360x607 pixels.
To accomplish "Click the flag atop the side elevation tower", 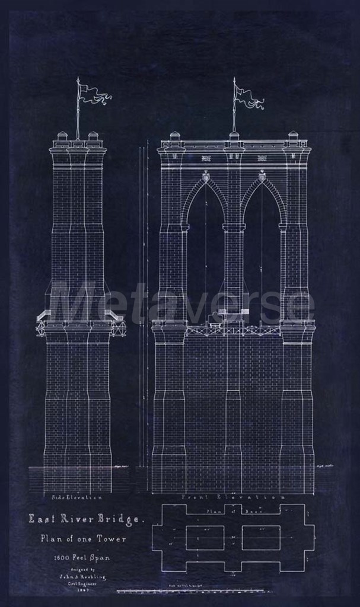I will [95, 94].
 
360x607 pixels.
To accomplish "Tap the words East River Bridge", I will [86, 519].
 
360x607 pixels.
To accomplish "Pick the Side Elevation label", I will [77, 497].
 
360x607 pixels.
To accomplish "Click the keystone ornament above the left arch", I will [206, 176].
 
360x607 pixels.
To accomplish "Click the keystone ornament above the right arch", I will [262, 176].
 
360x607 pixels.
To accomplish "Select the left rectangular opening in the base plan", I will [205, 538].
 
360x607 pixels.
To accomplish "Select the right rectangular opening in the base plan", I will [261, 538].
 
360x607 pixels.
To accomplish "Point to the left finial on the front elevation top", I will [175, 136].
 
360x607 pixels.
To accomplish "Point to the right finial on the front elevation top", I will [293, 136].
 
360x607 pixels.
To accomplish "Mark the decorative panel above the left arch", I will [206, 158].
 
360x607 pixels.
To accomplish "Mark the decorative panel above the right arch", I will [262, 158].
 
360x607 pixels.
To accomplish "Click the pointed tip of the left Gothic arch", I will [206, 181].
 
